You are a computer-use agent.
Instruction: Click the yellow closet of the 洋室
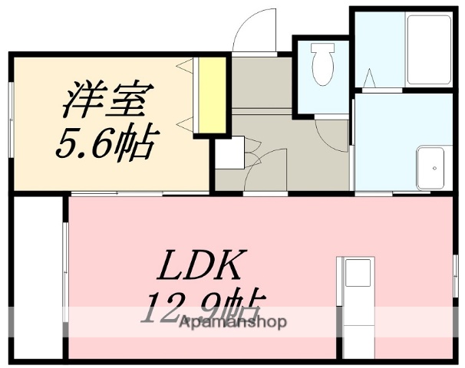209,95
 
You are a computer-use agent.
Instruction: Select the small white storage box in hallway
229,151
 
